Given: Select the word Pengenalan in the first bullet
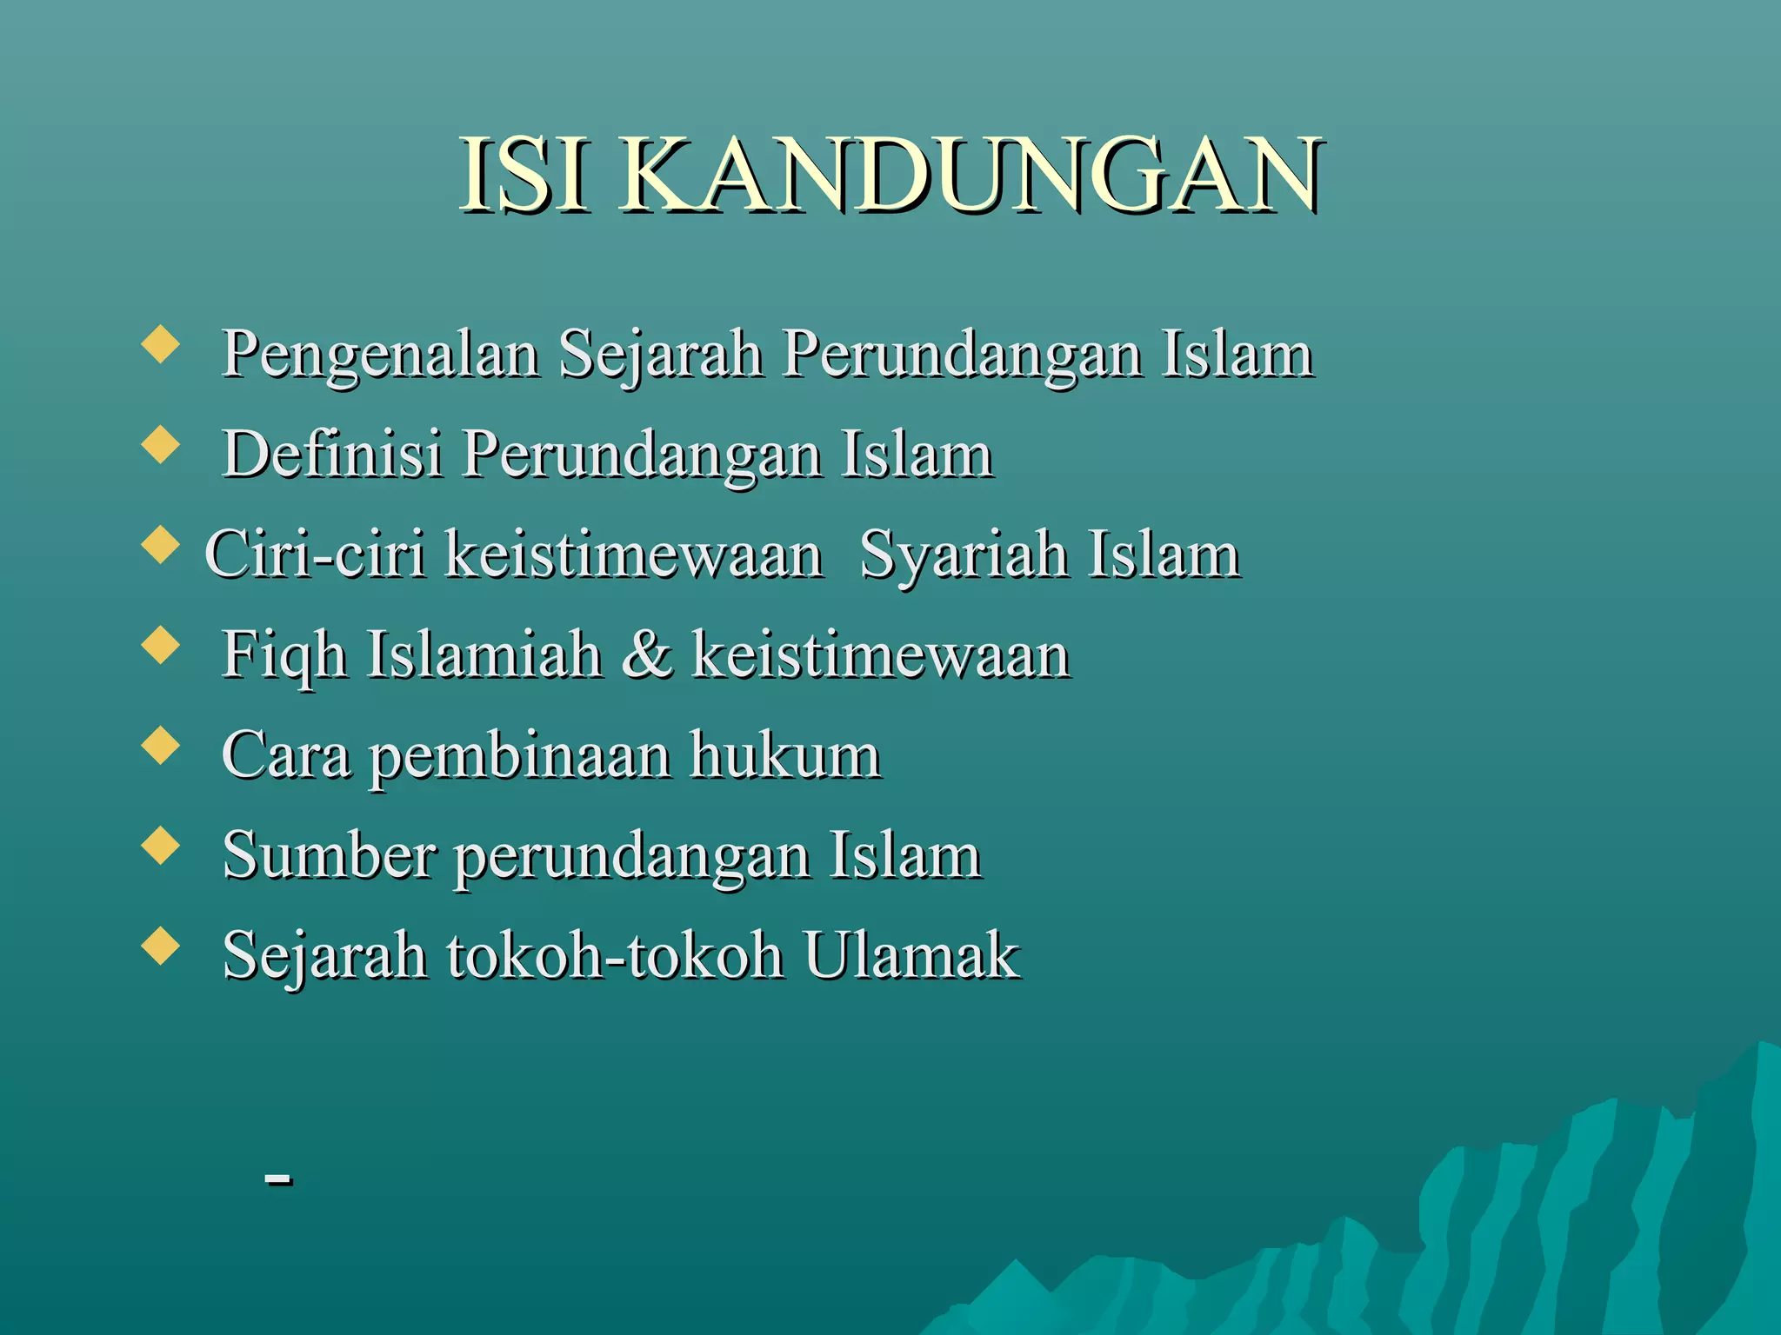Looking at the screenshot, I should (380, 355).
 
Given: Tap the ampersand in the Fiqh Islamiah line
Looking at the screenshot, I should (646, 654).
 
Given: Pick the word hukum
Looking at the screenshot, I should (785, 754).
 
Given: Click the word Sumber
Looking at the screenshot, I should (329, 855).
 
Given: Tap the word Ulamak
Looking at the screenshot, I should (911, 955).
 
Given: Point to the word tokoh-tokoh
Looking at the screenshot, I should (615, 955).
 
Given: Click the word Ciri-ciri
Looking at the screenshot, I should (315, 555).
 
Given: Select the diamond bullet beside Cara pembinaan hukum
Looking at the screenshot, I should (160, 745).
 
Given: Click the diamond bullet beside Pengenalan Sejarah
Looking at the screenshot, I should (160, 343).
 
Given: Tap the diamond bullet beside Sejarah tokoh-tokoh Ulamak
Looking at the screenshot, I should (160, 945).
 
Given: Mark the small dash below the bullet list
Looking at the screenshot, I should (278, 1179).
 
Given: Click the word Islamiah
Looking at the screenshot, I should (484, 654).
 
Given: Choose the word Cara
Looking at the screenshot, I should (286, 754).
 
